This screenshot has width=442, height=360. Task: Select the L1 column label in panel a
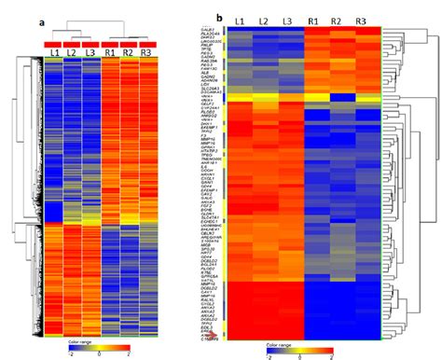(x=55, y=53)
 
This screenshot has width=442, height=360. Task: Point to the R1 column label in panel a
(x=111, y=53)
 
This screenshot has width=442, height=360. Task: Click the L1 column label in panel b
(x=240, y=20)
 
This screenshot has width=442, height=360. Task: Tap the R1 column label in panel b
(x=319, y=20)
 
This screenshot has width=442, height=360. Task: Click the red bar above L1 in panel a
(x=55, y=43)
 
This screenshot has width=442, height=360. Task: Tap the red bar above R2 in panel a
(x=130, y=43)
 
